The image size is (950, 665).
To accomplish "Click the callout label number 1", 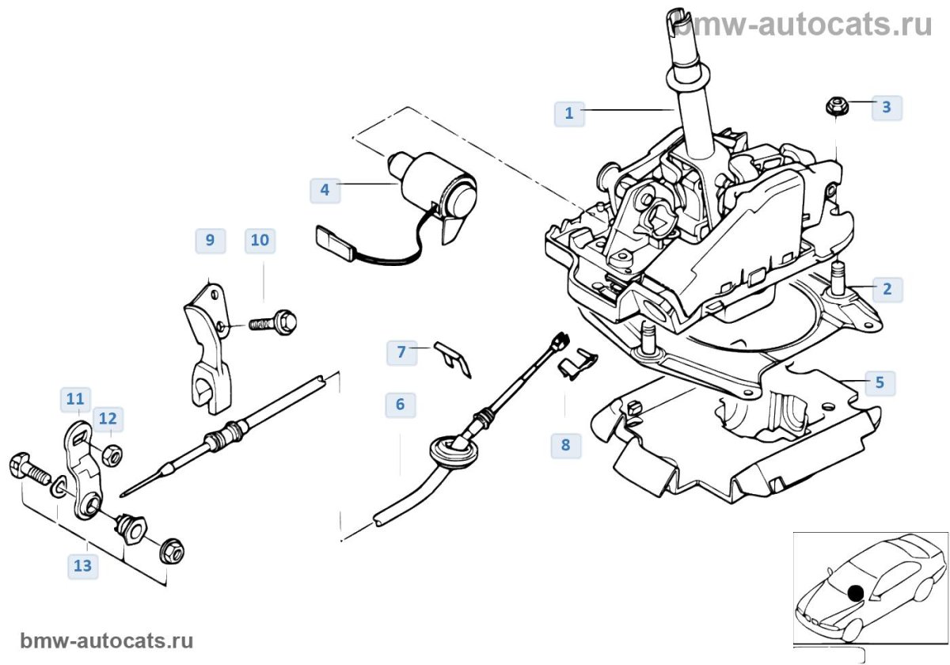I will (568, 113).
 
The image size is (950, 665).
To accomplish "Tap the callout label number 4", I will (325, 189).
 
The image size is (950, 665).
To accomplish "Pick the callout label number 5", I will (880, 383).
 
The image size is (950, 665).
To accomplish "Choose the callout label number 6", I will (400, 405).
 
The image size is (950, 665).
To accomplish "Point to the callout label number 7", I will (401, 351).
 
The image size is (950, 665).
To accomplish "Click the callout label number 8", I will (565, 444).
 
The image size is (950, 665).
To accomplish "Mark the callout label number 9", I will (210, 240).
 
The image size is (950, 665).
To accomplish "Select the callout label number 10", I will (260, 240).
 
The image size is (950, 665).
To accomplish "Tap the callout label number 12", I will (108, 418).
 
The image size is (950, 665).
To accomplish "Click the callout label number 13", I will (82, 565).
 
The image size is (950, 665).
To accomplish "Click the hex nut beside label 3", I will (835, 105).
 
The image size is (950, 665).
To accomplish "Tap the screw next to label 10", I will (274, 322).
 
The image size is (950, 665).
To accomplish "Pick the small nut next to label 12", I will (112, 454).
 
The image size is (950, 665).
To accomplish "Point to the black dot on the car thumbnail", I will (855, 591).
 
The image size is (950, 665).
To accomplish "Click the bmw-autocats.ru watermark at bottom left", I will (106, 640).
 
